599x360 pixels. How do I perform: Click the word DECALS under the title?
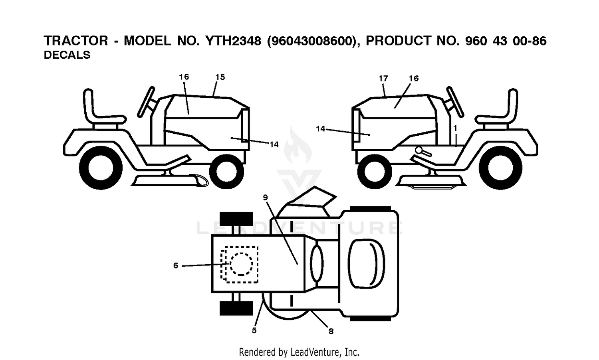pyautogui.click(x=67, y=55)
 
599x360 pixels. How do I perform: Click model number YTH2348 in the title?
pyautogui.click(x=233, y=41)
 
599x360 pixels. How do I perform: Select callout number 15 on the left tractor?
pyautogui.click(x=220, y=77)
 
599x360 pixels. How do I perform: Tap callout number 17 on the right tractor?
pyautogui.click(x=383, y=78)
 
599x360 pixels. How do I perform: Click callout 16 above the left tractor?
pyautogui.click(x=184, y=77)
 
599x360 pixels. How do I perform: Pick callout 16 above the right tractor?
pyautogui.click(x=414, y=78)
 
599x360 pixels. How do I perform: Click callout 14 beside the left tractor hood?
pyautogui.click(x=274, y=144)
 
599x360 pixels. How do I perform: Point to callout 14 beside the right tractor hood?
pyautogui.click(x=321, y=129)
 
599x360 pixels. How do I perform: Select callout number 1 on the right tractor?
pyautogui.click(x=455, y=129)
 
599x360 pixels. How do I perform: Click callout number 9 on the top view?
pyautogui.click(x=265, y=198)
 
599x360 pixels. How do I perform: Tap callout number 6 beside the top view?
pyautogui.click(x=176, y=265)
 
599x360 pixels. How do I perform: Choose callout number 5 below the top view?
pyautogui.click(x=254, y=330)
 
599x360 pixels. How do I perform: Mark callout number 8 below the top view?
pyautogui.click(x=331, y=331)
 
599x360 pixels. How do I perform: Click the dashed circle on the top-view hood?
pyautogui.click(x=241, y=253)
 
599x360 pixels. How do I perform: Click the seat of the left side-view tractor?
pyautogui.click(x=104, y=119)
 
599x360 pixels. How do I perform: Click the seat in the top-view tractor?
pyautogui.click(x=366, y=264)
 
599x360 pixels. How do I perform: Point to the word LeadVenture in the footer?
pyautogui.click(x=315, y=352)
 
